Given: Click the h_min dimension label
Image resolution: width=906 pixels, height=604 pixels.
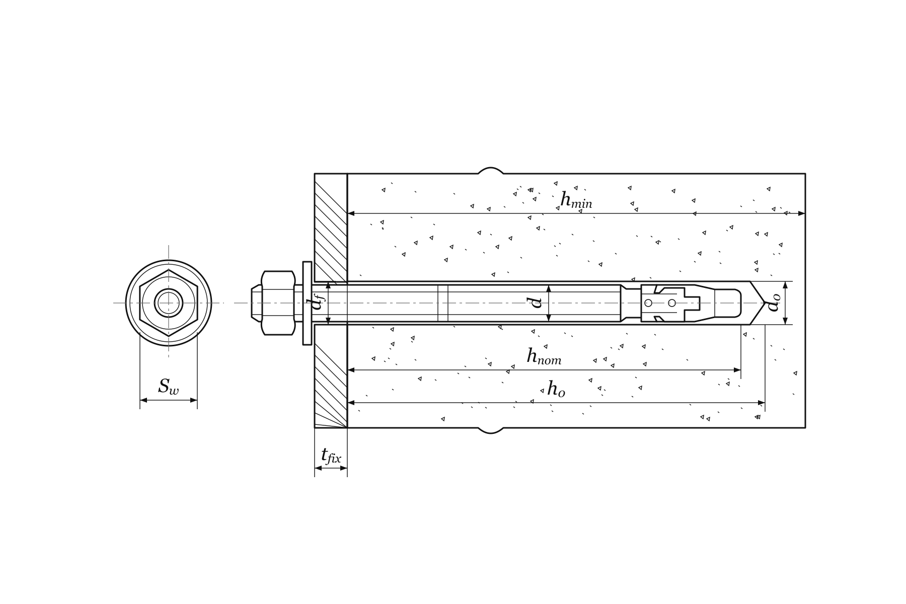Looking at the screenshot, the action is click(576, 200).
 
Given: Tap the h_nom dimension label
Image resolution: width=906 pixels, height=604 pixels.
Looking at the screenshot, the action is click(544, 356).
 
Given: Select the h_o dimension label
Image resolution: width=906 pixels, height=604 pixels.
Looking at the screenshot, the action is click(556, 389).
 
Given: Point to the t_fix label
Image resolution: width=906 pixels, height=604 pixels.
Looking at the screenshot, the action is click(331, 456).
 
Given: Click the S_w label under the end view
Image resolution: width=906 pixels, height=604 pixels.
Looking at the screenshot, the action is click(168, 387).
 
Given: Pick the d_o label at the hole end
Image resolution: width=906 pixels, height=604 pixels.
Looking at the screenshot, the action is click(775, 303).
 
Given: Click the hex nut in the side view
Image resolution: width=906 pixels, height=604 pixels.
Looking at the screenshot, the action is click(278, 303).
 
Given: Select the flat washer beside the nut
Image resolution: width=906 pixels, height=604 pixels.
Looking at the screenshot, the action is click(307, 303).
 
